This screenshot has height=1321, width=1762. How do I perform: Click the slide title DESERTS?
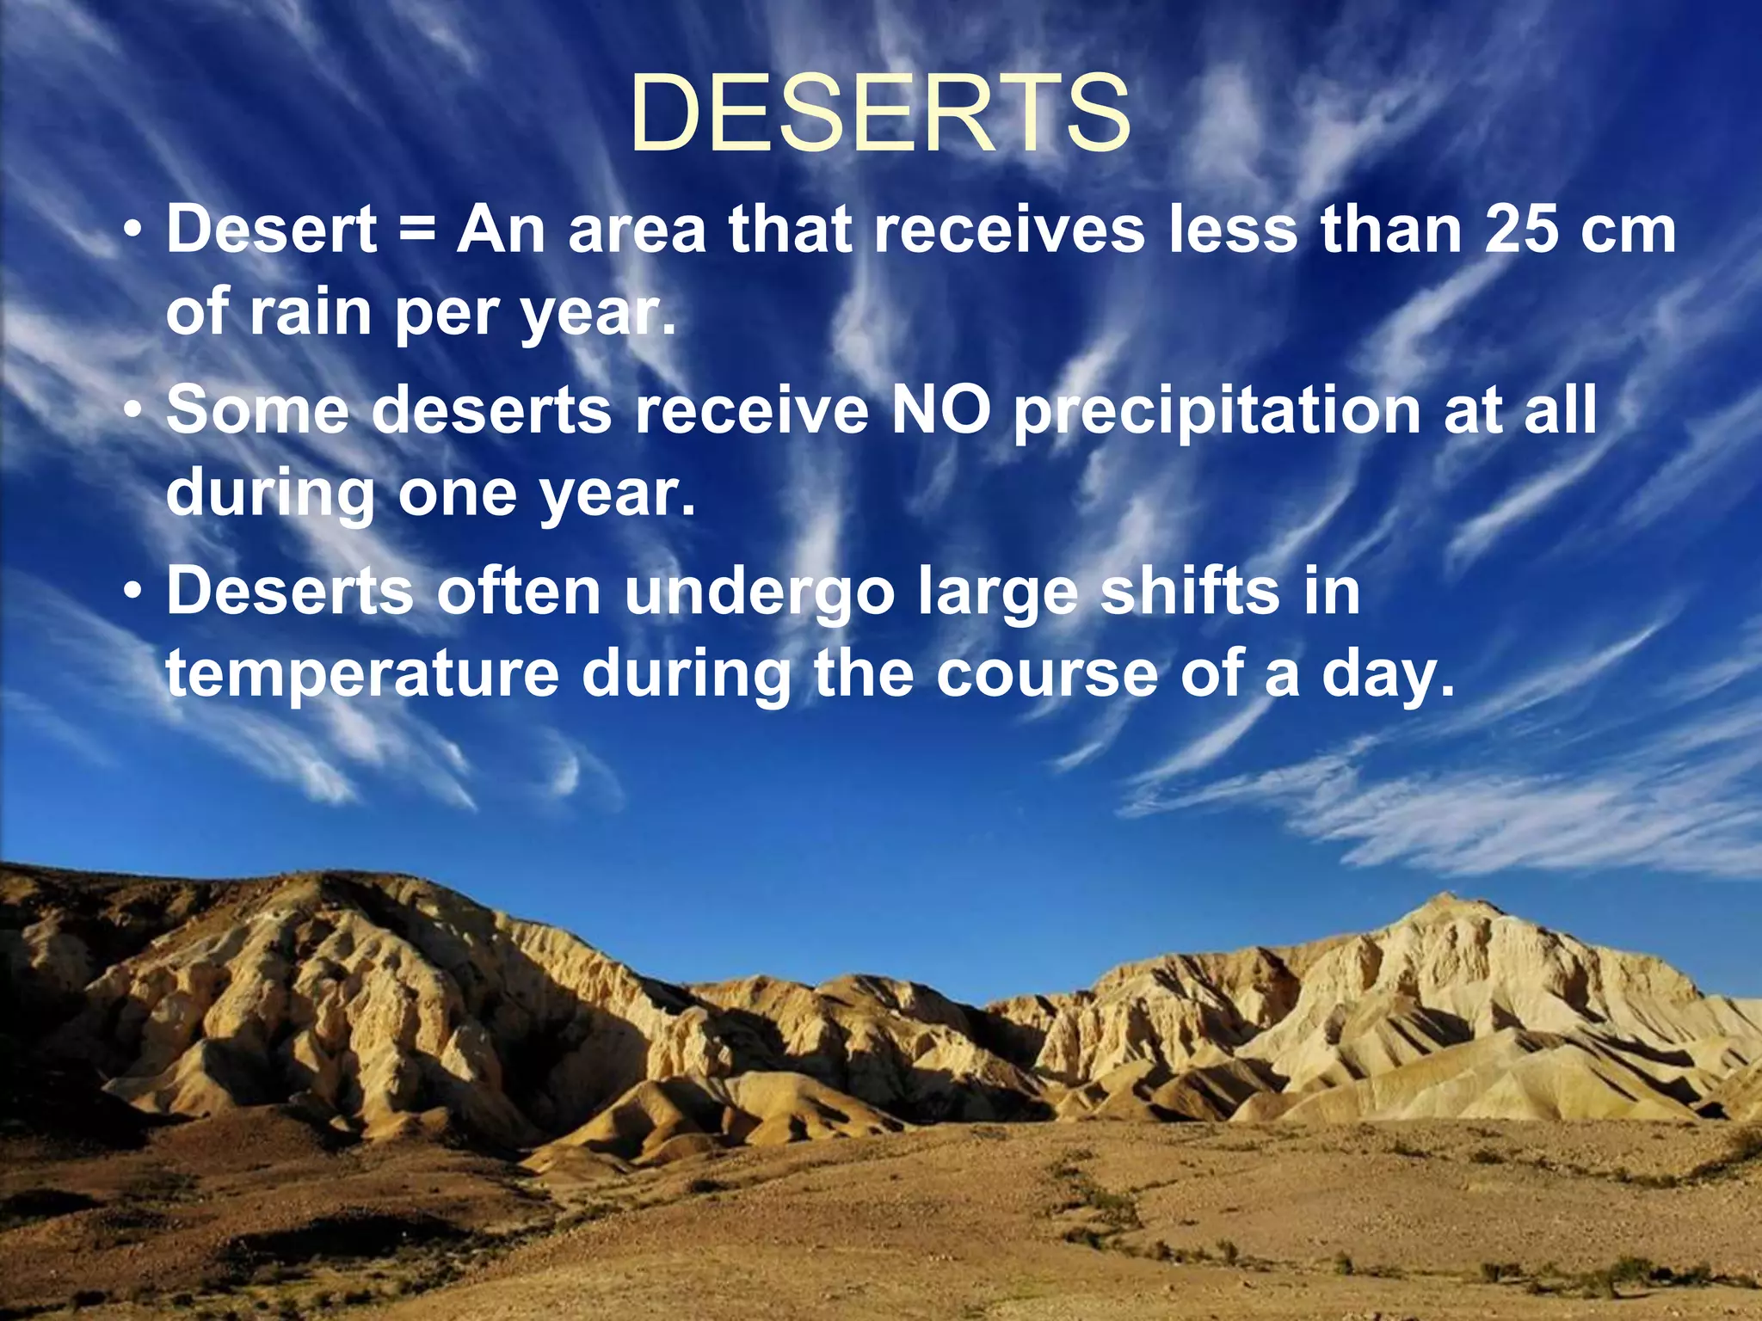tap(880, 114)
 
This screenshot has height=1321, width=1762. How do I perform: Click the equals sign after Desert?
tap(416, 230)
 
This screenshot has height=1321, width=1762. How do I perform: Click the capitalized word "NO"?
tap(941, 409)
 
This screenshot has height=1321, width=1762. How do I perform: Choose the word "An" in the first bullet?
tap(501, 230)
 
